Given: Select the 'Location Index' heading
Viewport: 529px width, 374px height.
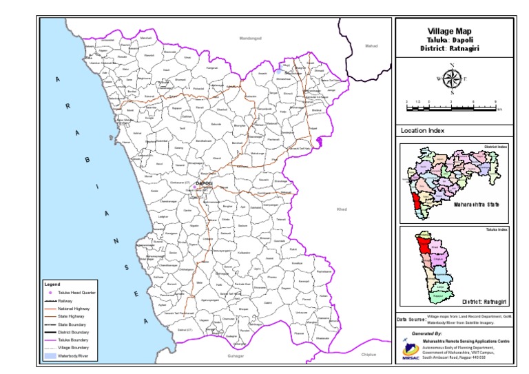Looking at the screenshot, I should (x=423, y=131).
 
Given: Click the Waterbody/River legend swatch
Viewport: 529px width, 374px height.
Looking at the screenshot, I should (x=50, y=356).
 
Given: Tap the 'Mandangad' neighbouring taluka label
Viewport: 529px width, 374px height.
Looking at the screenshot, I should (x=251, y=38).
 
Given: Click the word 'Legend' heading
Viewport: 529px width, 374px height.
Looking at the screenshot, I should (x=53, y=284).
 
